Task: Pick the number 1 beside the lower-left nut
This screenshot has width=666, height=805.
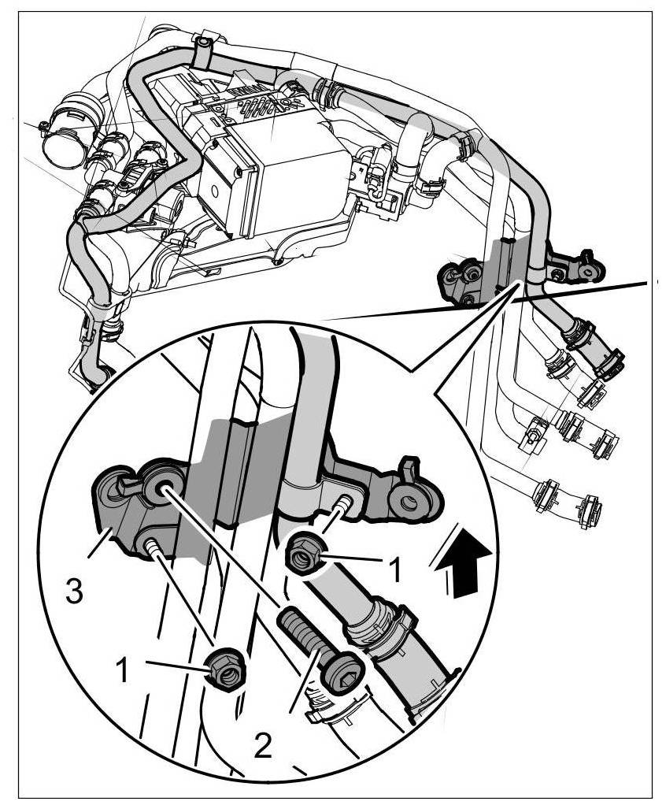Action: click(123, 670)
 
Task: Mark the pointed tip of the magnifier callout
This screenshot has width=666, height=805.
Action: click(519, 282)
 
